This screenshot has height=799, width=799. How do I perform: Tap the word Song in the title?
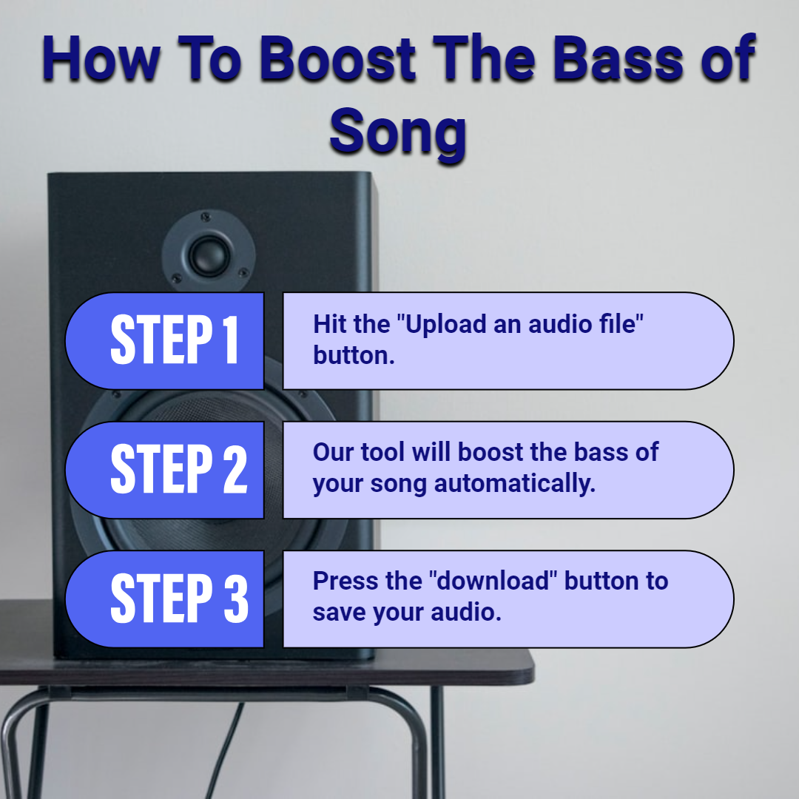pyautogui.click(x=398, y=132)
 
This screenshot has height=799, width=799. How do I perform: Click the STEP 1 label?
pyautogui.click(x=175, y=340)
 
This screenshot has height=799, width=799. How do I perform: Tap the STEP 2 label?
pyautogui.click(x=179, y=468)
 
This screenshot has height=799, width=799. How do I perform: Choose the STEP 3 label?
pyautogui.click(x=179, y=597)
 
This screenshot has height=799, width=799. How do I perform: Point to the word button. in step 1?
pyautogui.click(x=354, y=355)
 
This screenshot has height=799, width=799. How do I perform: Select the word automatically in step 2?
pyautogui.click(x=515, y=484)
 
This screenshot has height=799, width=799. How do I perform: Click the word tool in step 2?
pyautogui.click(x=382, y=452)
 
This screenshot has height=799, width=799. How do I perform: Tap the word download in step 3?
pyautogui.click(x=493, y=581)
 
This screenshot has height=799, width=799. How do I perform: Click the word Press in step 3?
pyautogui.click(x=345, y=581)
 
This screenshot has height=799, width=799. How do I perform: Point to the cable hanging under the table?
pyautogui.click(x=224, y=749)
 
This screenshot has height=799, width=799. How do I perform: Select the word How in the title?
pyautogui.click(x=101, y=58)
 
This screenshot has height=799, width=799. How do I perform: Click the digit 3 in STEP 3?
pyautogui.click(x=236, y=597)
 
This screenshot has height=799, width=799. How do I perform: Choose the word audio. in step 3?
pyautogui.click(x=466, y=612)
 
